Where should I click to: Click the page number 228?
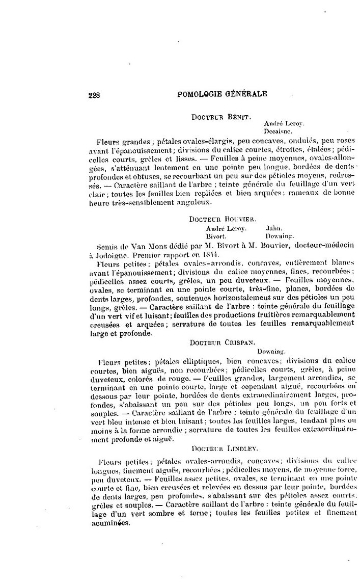pyautogui.click(x=94, y=94)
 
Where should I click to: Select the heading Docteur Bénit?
pyautogui.click(x=220, y=117)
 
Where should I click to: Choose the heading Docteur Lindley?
pyautogui.click(x=225, y=448)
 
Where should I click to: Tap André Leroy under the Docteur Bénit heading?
pyautogui.click(x=277, y=123)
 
